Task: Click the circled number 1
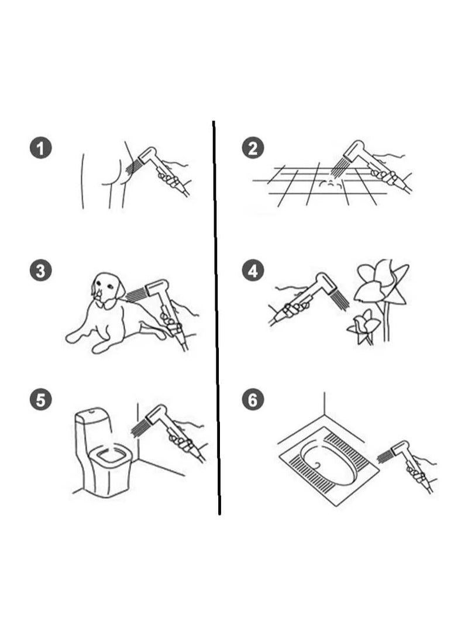(x=41, y=148)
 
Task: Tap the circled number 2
(x=253, y=148)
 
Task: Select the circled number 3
(x=41, y=271)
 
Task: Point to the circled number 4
(x=253, y=271)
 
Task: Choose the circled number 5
(x=41, y=400)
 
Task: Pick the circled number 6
(x=253, y=400)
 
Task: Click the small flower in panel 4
(x=364, y=325)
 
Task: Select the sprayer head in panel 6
(x=400, y=448)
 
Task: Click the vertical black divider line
(x=216, y=317)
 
